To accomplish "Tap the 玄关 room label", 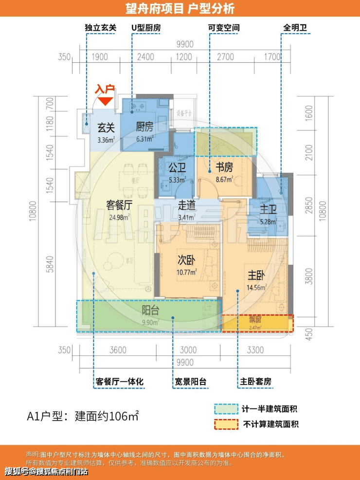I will [x=106, y=128].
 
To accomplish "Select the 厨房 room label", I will [x=144, y=128].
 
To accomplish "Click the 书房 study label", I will [x=224, y=167].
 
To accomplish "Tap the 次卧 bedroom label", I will [x=186, y=260].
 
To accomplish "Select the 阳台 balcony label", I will [x=150, y=310].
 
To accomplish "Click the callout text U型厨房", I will [x=145, y=28].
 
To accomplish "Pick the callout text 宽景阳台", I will [x=190, y=382].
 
